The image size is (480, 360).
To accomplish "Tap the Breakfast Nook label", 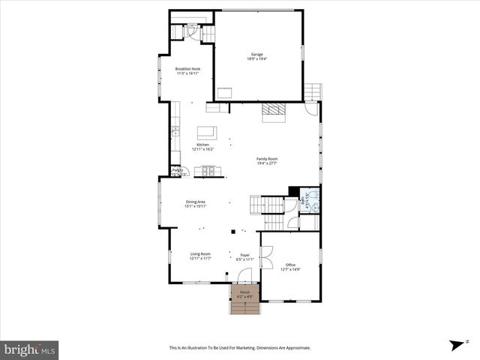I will [x=187, y=70].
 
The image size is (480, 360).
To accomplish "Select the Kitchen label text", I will [x=202, y=147].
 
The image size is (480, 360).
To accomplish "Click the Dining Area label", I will [x=196, y=203].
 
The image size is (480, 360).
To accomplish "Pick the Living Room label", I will [x=199, y=256].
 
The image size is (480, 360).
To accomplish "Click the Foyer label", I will [x=244, y=257].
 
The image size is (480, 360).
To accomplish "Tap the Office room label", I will [x=290, y=267].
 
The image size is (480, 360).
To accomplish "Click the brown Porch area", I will [x=244, y=294].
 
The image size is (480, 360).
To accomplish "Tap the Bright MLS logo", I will [x=30, y=349].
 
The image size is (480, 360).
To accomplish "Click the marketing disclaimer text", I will [x=239, y=348].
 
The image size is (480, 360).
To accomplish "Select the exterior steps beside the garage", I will [x=312, y=91].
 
